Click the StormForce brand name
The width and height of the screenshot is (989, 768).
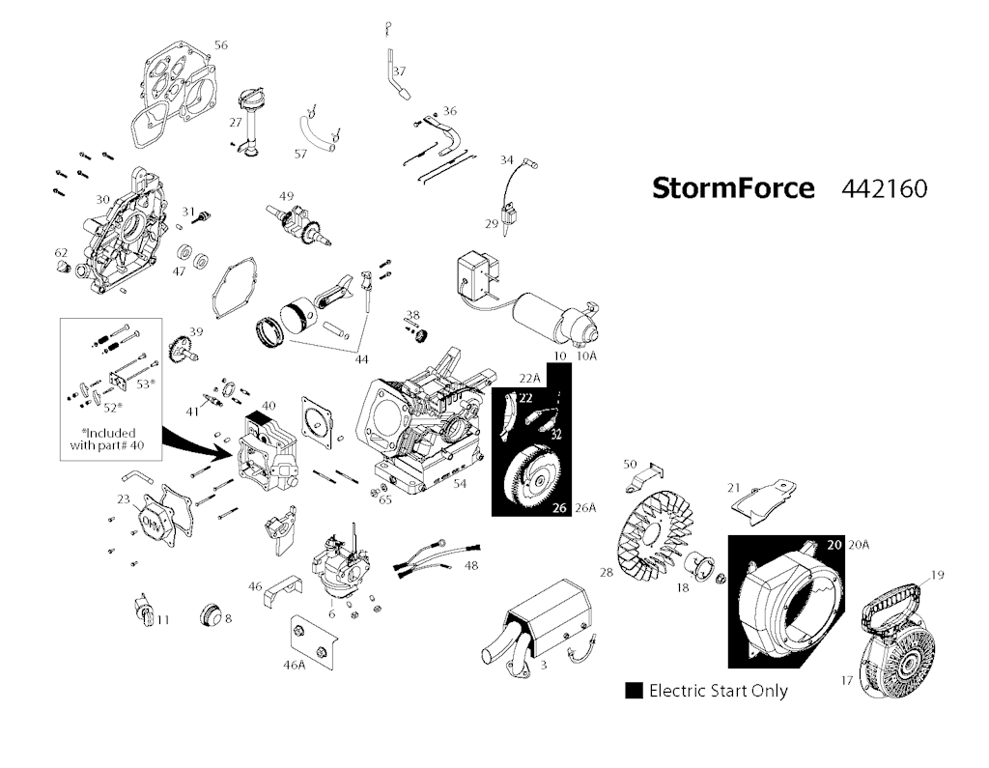click(733, 187)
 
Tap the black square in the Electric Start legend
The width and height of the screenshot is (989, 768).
click(635, 691)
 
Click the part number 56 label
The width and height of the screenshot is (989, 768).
click(221, 45)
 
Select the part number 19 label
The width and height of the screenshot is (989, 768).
click(937, 576)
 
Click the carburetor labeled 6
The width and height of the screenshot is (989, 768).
click(332, 570)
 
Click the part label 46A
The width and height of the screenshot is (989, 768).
click(294, 665)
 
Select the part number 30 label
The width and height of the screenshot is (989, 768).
click(102, 200)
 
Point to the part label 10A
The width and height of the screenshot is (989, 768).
click(586, 356)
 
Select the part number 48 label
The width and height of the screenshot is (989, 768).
click(471, 565)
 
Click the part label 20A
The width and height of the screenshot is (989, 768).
click(859, 545)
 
